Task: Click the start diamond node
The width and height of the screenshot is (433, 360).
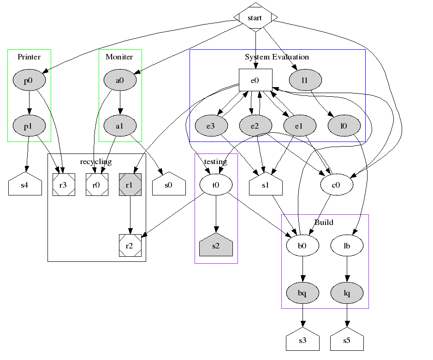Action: point(255,18)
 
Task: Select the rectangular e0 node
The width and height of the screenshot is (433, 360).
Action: point(255,80)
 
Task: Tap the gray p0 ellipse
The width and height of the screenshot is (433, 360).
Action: point(29,80)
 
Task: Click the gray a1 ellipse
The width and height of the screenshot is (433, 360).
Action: point(120,125)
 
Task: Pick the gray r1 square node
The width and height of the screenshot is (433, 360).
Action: point(130,185)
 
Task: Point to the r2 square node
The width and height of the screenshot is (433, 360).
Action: point(130,246)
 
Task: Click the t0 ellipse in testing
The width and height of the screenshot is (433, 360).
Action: point(216,185)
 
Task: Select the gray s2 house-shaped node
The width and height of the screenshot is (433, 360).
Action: point(216,246)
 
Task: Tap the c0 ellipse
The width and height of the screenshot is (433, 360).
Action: point(337,185)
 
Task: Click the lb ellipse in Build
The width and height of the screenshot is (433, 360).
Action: point(347,246)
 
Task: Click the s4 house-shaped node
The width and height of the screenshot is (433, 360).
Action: point(25,186)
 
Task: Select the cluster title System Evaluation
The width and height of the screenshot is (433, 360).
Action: point(277,57)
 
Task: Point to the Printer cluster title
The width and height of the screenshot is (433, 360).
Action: point(29,57)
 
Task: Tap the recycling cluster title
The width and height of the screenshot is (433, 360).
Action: point(96,161)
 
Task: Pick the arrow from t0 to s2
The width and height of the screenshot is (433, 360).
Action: point(216,214)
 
